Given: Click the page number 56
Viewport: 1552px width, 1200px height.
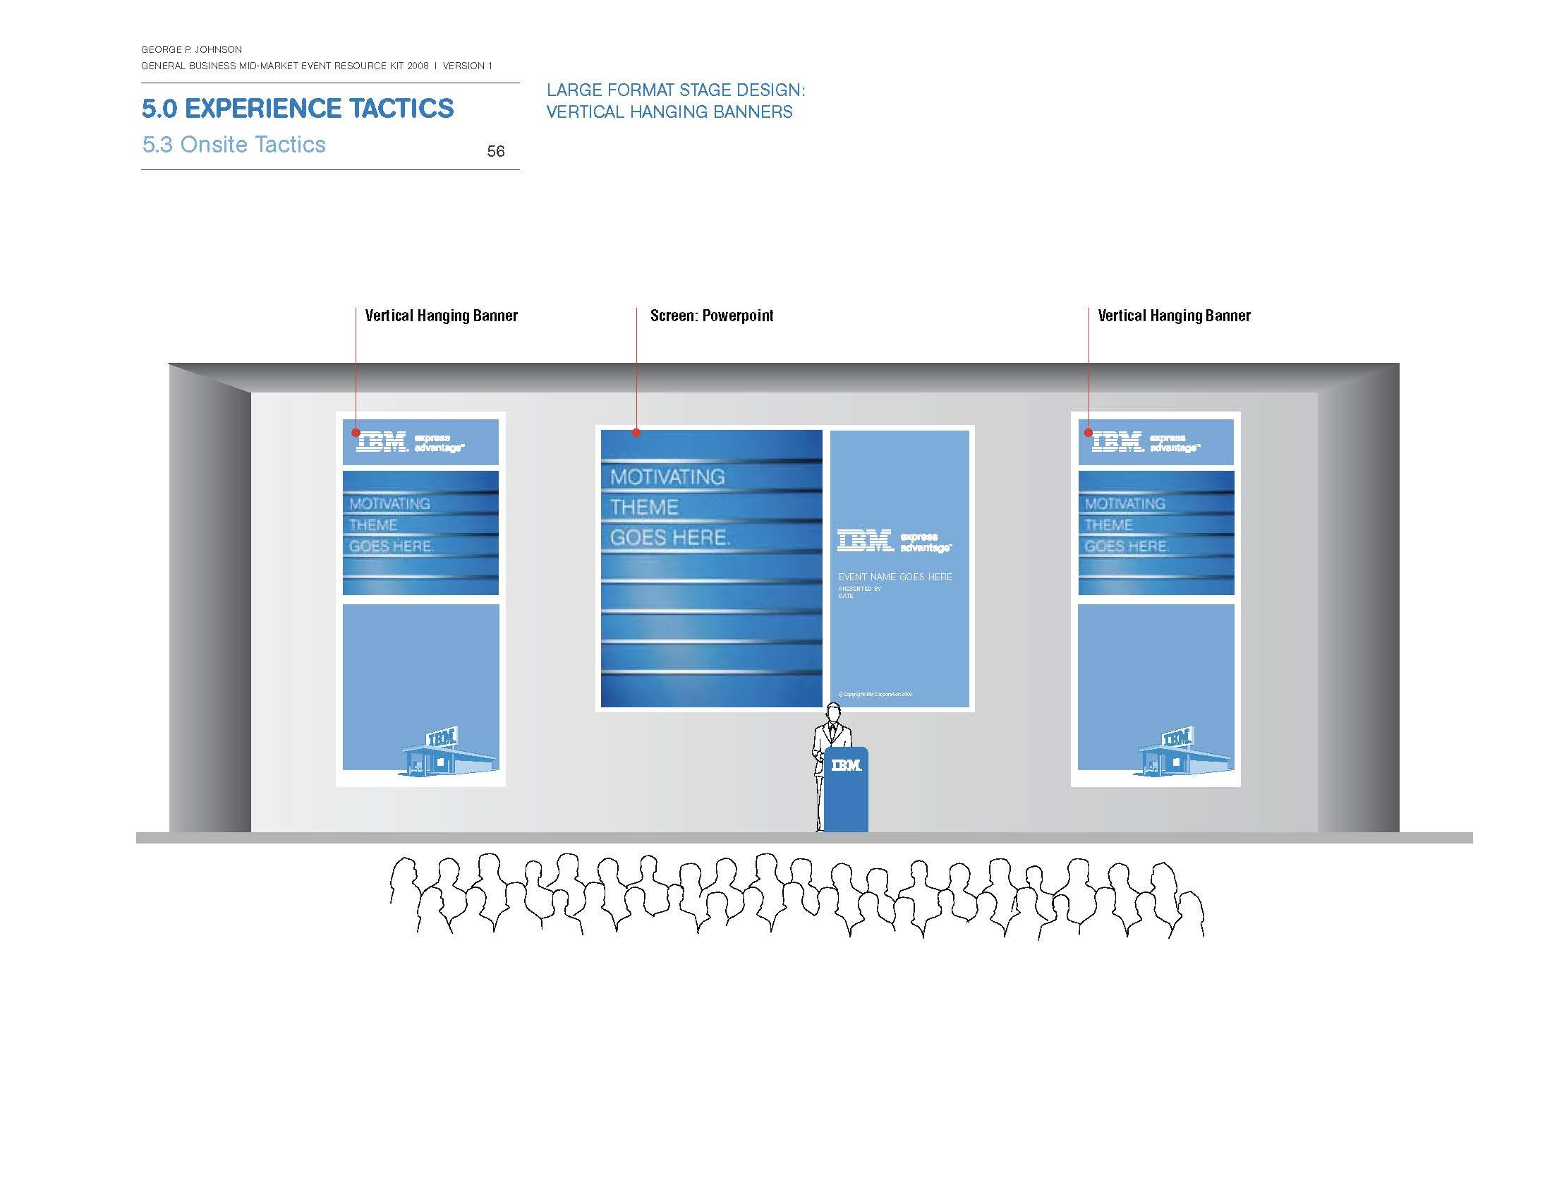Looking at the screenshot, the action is (x=495, y=151).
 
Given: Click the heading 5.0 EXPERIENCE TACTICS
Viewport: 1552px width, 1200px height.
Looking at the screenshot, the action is (x=297, y=108).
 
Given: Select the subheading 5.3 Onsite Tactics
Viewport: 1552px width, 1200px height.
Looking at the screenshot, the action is (x=234, y=144).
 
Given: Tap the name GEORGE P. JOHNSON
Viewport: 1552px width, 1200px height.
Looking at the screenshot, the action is (x=191, y=49).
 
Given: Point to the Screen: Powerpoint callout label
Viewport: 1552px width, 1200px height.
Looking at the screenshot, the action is (x=711, y=316).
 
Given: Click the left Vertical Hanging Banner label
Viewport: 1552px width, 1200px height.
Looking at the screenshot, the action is (x=441, y=316).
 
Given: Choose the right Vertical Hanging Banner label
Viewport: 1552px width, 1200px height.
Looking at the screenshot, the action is (x=1174, y=316).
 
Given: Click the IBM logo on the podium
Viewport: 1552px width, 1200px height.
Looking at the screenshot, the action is (x=846, y=765).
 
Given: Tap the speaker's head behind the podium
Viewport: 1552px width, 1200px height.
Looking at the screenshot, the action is (x=833, y=712).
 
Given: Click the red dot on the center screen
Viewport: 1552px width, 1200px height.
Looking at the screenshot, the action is (x=637, y=432).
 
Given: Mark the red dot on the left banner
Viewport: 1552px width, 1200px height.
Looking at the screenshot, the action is (x=356, y=432).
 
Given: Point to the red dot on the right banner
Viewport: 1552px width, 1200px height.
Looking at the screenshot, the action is (x=1088, y=432).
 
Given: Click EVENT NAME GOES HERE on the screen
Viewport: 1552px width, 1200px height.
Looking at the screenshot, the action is (x=895, y=577).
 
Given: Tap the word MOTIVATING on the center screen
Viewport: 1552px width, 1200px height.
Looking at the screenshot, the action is (x=667, y=477).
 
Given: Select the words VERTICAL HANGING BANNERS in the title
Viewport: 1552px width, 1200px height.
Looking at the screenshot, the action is (x=669, y=112).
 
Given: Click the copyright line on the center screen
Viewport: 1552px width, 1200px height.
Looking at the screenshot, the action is (x=875, y=694).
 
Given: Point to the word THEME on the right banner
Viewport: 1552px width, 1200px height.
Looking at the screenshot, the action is (x=1108, y=525).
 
